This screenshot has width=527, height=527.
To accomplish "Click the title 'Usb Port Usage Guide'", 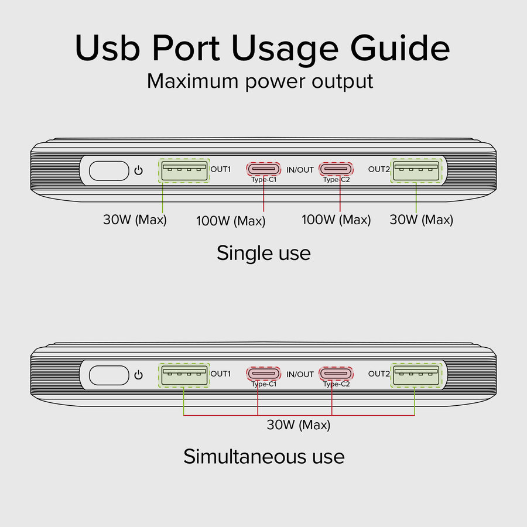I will (x=262, y=49).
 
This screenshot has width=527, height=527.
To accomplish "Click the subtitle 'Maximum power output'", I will (x=260, y=81).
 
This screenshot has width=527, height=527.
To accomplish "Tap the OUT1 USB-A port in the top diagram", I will (x=184, y=171).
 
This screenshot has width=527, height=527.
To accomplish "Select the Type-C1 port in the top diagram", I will (x=263, y=169).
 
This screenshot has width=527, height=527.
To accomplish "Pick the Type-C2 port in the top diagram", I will (x=336, y=169).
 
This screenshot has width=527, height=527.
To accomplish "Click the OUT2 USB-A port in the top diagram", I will (x=416, y=171).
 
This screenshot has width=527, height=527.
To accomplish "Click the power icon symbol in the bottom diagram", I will (x=138, y=375).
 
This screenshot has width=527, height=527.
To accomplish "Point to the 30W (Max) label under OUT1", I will (x=135, y=220).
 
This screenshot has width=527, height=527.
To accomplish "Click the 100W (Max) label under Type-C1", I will (x=231, y=221).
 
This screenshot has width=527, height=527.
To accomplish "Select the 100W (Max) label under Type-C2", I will (x=336, y=220).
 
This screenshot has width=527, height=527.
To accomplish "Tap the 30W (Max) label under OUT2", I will (x=421, y=220).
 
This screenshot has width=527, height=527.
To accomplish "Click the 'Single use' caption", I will (x=263, y=253).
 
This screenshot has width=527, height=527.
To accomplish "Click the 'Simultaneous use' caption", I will (x=263, y=456).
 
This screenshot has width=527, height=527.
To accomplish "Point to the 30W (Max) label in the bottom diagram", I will (x=299, y=425).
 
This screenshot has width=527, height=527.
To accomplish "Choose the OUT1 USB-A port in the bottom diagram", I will (x=184, y=375).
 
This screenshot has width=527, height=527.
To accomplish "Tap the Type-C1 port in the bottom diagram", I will (x=263, y=374).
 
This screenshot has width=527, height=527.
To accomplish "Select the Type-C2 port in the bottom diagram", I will (x=336, y=374).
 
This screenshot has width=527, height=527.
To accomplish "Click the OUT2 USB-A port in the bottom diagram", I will (x=416, y=375).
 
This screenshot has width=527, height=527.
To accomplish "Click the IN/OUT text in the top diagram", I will (x=300, y=170).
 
